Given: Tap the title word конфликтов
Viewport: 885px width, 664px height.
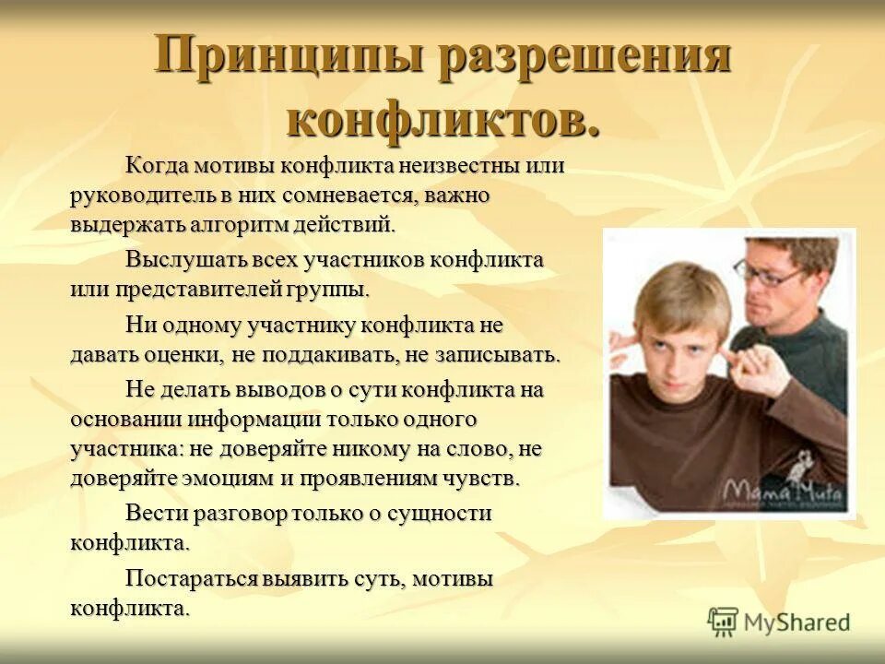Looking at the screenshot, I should [442, 117].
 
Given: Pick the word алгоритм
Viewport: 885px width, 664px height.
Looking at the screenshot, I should [249, 224].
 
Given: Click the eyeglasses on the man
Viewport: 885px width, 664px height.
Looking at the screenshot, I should [767, 272].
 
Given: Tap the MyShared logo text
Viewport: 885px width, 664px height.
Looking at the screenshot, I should [796, 622].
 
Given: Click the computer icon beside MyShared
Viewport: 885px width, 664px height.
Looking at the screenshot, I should [724, 622].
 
